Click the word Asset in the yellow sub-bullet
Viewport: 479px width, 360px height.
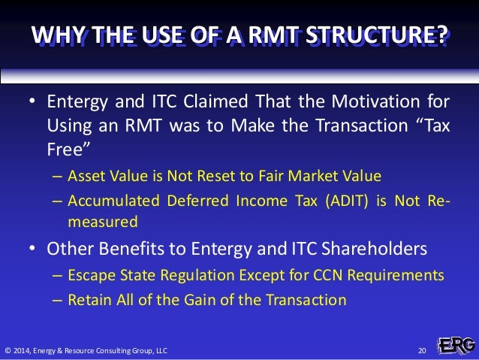(86, 177)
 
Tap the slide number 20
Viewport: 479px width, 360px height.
(421, 350)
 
